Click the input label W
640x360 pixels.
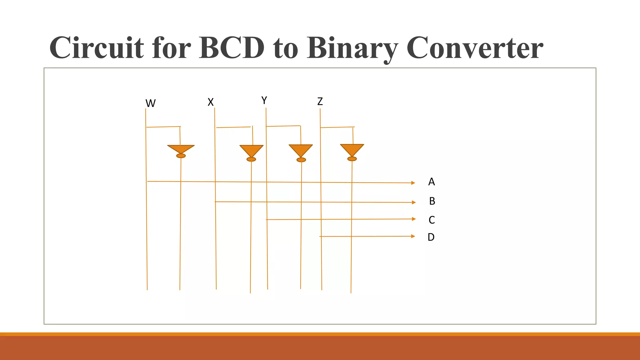tap(150, 103)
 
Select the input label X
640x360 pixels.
tap(211, 102)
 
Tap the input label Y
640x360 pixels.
tap(264, 101)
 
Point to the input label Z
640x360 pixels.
tap(320, 102)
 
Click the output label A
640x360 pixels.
tap(432, 182)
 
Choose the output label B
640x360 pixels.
tap(432, 201)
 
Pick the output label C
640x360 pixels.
tap(432, 220)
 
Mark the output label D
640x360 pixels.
tap(431, 237)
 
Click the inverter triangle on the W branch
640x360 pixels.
tap(181, 149)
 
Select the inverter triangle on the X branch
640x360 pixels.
tap(251, 150)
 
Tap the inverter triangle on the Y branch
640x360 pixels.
tap(301, 150)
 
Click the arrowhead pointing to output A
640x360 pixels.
tap(413, 183)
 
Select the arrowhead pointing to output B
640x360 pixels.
tap(414, 202)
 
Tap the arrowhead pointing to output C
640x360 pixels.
tap(414, 219)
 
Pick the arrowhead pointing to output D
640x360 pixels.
tap(413, 236)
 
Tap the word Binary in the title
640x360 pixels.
tap(352, 48)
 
